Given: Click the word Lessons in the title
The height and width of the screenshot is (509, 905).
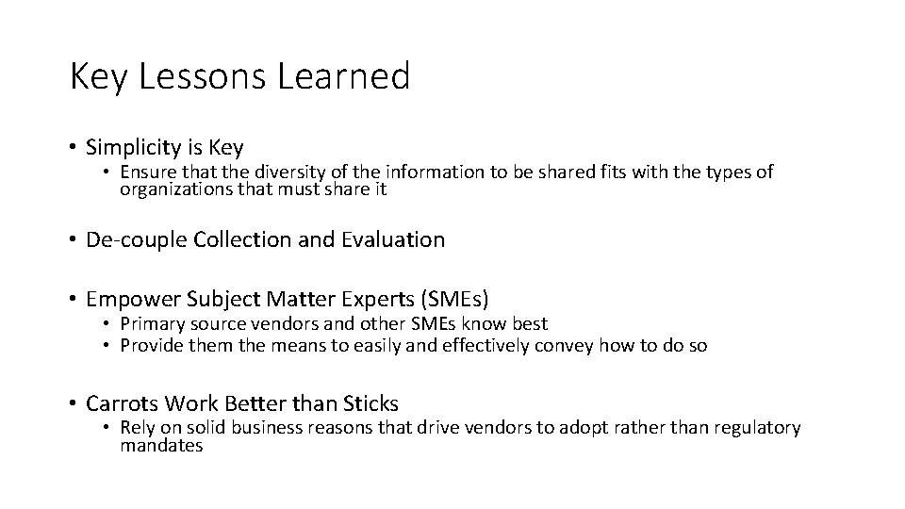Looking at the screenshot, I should coord(204,76).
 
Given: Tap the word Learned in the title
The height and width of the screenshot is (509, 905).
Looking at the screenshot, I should coord(344,76).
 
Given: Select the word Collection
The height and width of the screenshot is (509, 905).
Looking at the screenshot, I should coord(242,239).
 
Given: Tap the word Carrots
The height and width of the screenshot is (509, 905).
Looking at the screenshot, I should coord(123,403).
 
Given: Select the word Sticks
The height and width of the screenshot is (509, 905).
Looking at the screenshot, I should coord(370,403).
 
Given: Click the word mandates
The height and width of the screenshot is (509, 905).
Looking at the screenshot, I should coord(161,446).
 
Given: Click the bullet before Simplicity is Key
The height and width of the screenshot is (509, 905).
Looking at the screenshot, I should coord(73,148).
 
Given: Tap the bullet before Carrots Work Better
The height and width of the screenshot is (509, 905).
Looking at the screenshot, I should coord(73,403).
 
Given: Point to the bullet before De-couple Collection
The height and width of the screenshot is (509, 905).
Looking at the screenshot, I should coord(73,239).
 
